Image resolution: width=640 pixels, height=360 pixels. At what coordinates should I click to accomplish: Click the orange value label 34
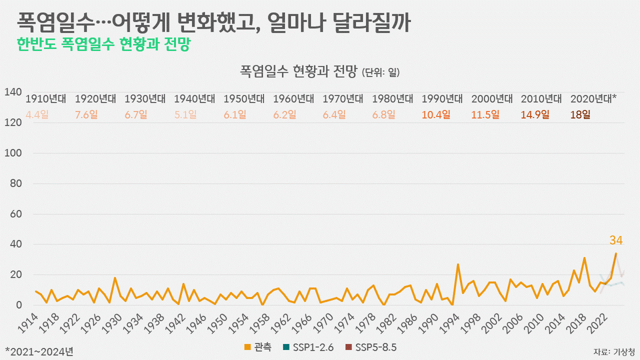(x=616, y=240)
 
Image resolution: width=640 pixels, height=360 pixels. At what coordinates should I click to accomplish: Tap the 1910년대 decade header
(x=45, y=98)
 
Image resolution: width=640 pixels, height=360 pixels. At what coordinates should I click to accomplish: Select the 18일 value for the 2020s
(x=580, y=114)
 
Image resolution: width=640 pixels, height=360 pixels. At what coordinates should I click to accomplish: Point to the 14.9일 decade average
(x=535, y=114)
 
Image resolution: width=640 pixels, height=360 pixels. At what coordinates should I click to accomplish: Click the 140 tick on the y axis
(x=13, y=92)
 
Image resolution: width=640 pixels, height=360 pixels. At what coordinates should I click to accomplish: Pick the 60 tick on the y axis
(x=15, y=214)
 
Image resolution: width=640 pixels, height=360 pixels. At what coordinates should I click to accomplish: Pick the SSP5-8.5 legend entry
(x=371, y=347)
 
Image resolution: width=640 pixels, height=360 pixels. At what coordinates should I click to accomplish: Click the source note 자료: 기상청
(x=614, y=350)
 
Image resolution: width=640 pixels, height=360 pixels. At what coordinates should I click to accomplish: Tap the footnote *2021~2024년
(x=39, y=351)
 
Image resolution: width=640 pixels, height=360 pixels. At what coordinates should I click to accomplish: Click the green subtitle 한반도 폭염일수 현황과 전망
(x=103, y=45)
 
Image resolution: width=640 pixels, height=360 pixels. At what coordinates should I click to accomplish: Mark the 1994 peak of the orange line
(x=458, y=264)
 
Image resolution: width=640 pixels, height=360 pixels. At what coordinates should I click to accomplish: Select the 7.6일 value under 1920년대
(x=86, y=114)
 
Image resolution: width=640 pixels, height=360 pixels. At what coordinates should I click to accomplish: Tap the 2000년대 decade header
(x=491, y=98)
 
